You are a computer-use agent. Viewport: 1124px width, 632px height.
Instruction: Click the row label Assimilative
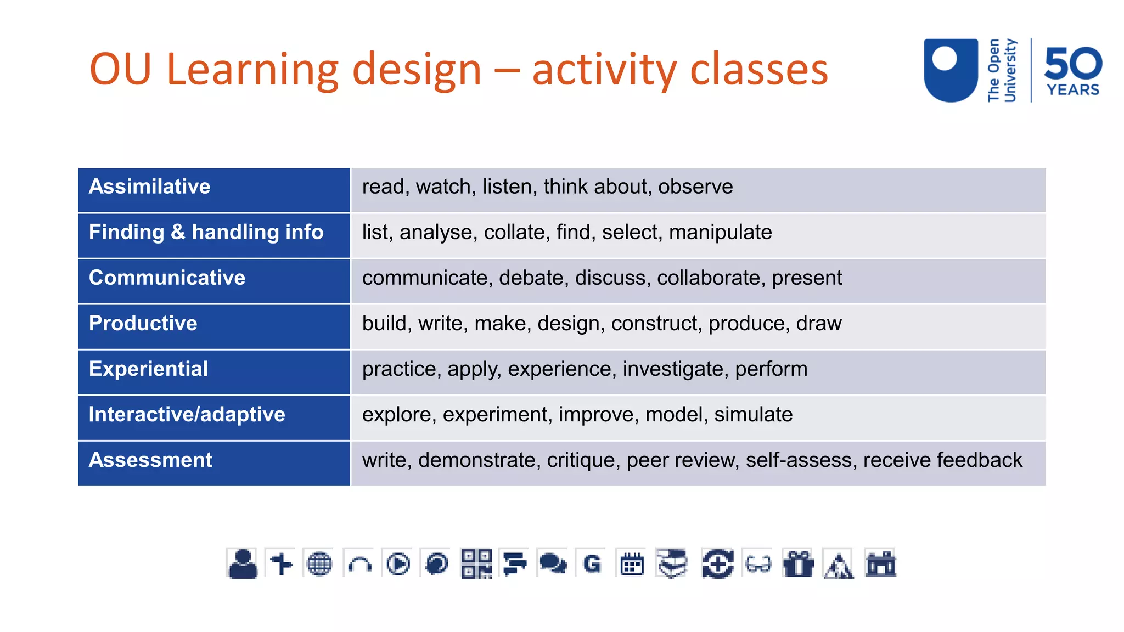[149, 187]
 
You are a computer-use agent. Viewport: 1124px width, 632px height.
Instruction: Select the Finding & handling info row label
[206, 233]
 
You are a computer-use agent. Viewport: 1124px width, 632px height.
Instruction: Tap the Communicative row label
[167, 278]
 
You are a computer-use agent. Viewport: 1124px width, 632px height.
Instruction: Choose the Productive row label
[143, 324]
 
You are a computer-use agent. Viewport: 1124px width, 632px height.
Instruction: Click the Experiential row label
[148, 369]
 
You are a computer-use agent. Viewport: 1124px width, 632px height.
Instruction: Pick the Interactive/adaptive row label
[187, 415]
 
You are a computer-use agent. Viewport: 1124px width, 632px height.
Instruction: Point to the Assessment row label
[150, 460]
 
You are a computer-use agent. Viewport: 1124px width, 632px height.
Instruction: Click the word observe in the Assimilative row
[695, 187]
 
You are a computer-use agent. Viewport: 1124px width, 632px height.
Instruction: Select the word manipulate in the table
[720, 233]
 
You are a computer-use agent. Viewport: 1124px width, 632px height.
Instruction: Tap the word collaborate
[708, 278]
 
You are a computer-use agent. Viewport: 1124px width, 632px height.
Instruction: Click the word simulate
[753, 415]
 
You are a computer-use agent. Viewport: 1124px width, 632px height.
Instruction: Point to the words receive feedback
[942, 460]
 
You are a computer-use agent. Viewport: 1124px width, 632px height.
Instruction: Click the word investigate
[672, 369]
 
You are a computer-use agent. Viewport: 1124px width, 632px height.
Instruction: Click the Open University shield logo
[951, 70]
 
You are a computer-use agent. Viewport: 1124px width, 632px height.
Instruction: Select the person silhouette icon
[243, 563]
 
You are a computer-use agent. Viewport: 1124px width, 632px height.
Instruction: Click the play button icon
[398, 563]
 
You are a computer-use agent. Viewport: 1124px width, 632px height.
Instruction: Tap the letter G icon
[592, 563]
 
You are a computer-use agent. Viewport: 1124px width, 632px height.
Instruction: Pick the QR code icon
[476, 563]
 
